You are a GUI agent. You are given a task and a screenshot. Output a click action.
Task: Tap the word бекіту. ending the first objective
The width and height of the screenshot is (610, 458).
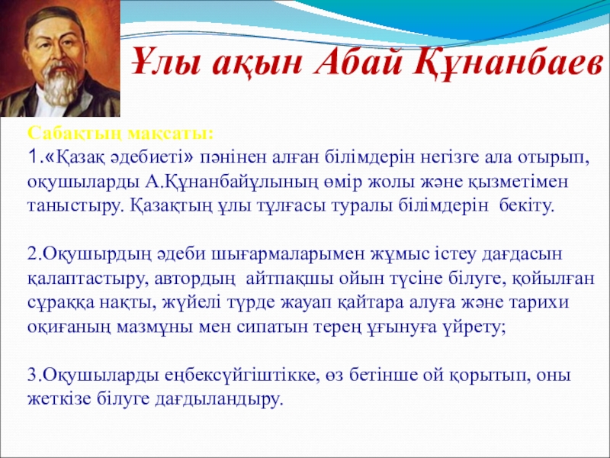click(x=522, y=206)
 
